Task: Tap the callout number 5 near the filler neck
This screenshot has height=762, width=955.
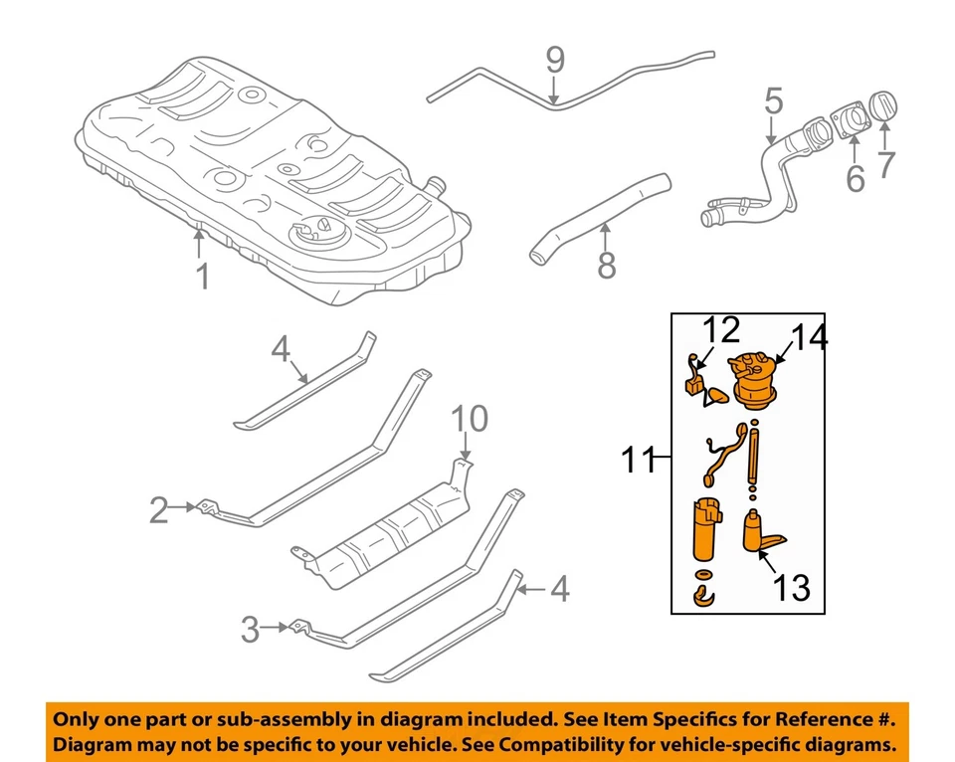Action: pyautogui.click(x=774, y=100)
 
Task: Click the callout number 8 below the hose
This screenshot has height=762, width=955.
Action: pyautogui.click(x=606, y=265)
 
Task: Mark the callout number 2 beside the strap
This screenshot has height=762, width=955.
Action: pyautogui.click(x=159, y=511)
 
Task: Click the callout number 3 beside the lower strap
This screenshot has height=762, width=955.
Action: pyautogui.click(x=251, y=629)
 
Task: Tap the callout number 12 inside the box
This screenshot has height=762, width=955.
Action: pyautogui.click(x=723, y=329)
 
